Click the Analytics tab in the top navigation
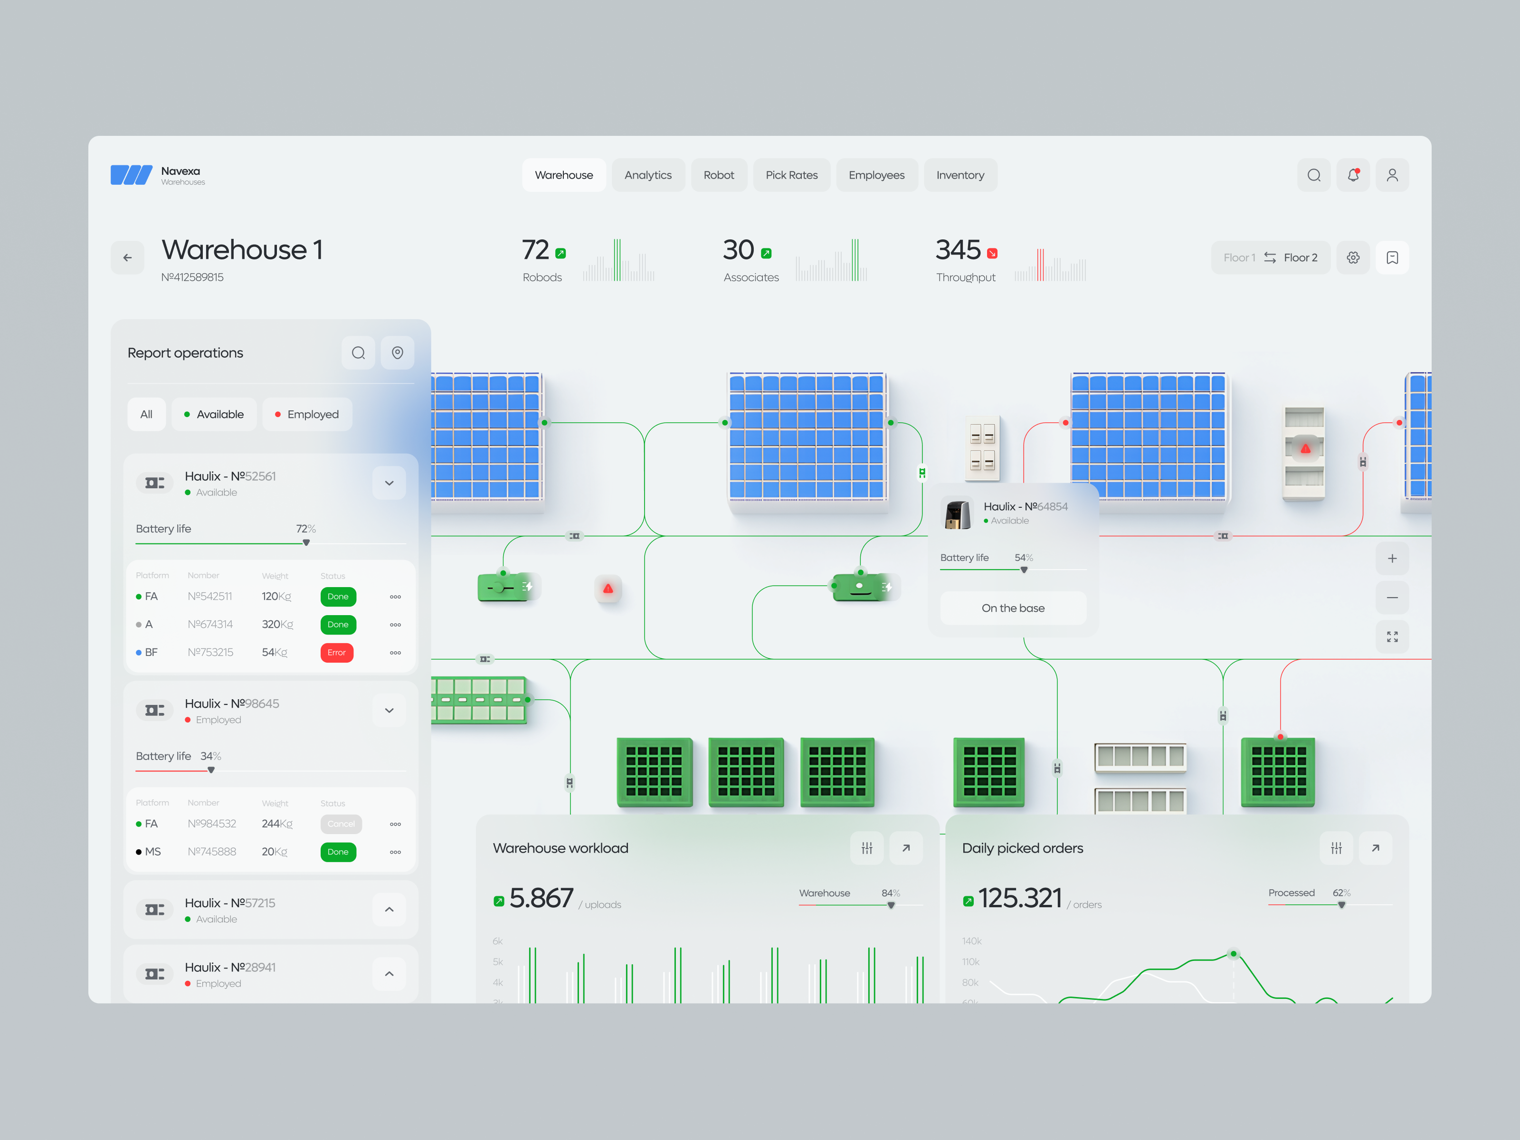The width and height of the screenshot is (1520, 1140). click(x=647, y=175)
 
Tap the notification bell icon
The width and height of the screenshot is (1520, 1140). click(x=1352, y=175)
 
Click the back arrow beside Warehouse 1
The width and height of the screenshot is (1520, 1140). click(x=128, y=257)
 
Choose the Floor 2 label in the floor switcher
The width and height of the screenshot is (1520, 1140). click(x=1300, y=257)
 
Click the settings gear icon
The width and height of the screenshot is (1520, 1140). click(x=1352, y=257)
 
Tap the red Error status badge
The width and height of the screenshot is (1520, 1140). click(x=337, y=653)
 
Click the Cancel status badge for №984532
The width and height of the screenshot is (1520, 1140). click(x=341, y=824)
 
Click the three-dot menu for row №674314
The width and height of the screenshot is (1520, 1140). click(x=395, y=625)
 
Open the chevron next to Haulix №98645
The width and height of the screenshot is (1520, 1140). click(x=389, y=711)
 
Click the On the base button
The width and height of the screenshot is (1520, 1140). click(x=1012, y=608)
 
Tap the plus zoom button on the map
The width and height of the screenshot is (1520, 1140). click(x=1391, y=559)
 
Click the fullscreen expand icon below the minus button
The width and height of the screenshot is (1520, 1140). click(x=1391, y=637)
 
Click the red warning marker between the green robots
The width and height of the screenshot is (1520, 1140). click(x=608, y=589)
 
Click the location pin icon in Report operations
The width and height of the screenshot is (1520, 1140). click(x=397, y=353)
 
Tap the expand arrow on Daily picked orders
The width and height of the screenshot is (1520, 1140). click(x=1375, y=848)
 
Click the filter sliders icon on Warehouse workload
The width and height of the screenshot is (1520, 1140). click(x=866, y=848)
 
